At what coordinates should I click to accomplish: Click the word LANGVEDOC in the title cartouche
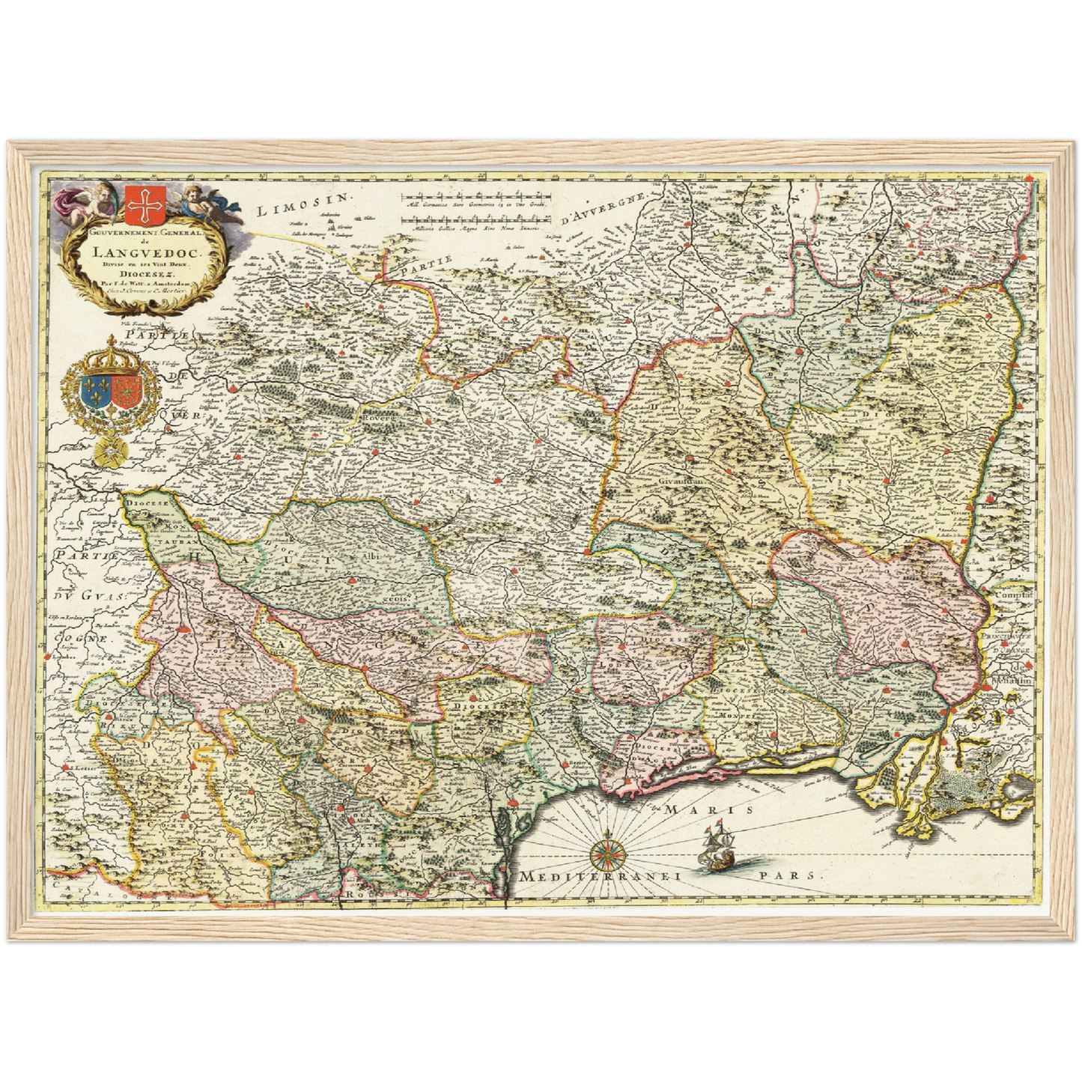142,252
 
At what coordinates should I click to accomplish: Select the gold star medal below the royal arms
110,450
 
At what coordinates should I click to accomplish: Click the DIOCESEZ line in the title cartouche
142,273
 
